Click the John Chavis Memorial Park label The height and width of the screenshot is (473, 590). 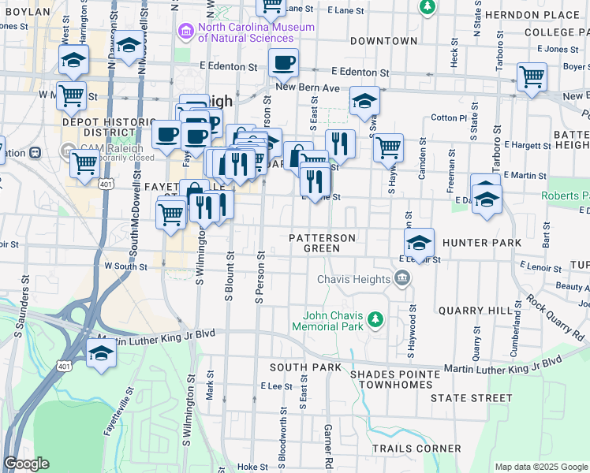(x=327, y=319)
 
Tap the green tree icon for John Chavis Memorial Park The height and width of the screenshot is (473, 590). (x=376, y=318)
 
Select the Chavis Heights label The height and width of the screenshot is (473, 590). (x=354, y=279)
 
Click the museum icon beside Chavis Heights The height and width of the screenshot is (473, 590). (x=402, y=278)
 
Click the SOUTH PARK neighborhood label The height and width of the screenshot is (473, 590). (x=305, y=367)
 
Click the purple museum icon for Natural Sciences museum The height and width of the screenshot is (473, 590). (x=185, y=31)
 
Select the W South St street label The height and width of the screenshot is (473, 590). (x=125, y=266)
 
